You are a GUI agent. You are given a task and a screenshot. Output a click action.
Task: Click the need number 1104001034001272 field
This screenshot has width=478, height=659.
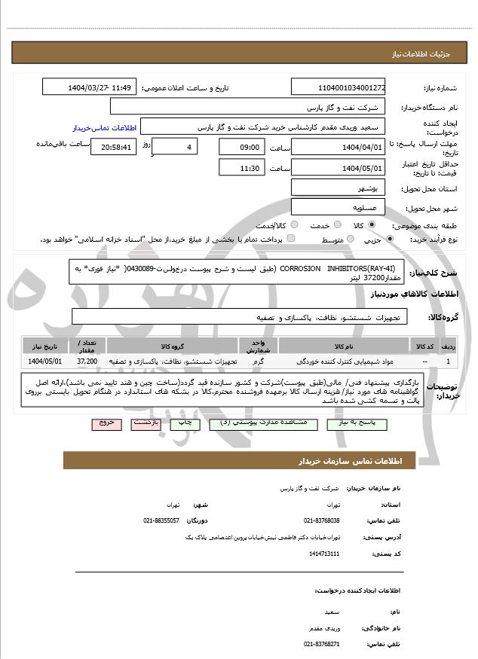click(x=337, y=87)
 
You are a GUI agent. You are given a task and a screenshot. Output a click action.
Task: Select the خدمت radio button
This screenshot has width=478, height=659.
click(x=311, y=225)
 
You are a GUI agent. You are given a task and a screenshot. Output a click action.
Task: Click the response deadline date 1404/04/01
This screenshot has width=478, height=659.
click(x=337, y=147)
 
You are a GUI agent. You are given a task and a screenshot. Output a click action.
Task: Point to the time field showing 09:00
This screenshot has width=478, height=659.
click(x=241, y=147)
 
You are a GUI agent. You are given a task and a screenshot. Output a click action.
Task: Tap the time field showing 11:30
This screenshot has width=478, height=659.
click(x=241, y=168)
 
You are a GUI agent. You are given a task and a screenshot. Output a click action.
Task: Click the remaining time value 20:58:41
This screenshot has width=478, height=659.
click(x=114, y=147)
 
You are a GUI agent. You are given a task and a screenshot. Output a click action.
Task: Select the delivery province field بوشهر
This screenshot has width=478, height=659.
click(x=337, y=188)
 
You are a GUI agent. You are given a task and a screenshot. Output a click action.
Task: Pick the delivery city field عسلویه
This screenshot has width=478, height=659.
click(x=337, y=206)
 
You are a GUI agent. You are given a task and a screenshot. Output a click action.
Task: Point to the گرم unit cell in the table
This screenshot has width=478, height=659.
click(x=259, y=362)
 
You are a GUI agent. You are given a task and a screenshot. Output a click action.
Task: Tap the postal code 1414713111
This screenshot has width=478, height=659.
click(x=324, y=554)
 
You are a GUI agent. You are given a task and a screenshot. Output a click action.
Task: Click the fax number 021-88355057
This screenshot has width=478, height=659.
click(x=161, y=520)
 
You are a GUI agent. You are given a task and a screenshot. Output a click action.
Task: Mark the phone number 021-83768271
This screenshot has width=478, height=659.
click(x=322, y=644)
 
